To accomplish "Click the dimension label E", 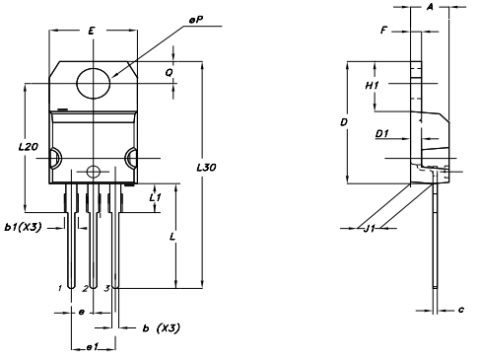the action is tap(92, 31).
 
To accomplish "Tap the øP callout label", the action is tap(196, 20).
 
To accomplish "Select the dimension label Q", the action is tap(169, 73).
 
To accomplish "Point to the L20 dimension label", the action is tap(28, 147).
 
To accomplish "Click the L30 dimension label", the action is tap(206, 168).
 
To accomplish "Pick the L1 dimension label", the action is tap(155, 197).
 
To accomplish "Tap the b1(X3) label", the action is tap(23, 227).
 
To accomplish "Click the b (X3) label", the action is tap(162, 328).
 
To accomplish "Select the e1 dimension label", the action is tap(93, 347).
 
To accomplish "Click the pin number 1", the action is tap(60, 288).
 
